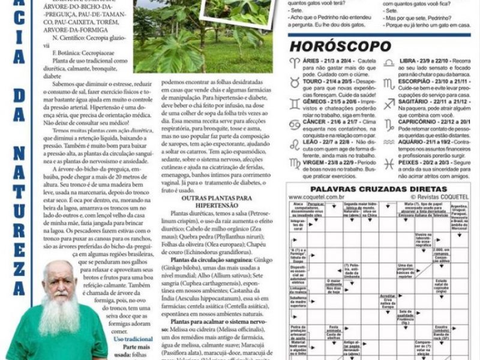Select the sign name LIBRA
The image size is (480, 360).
coord(409,61)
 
